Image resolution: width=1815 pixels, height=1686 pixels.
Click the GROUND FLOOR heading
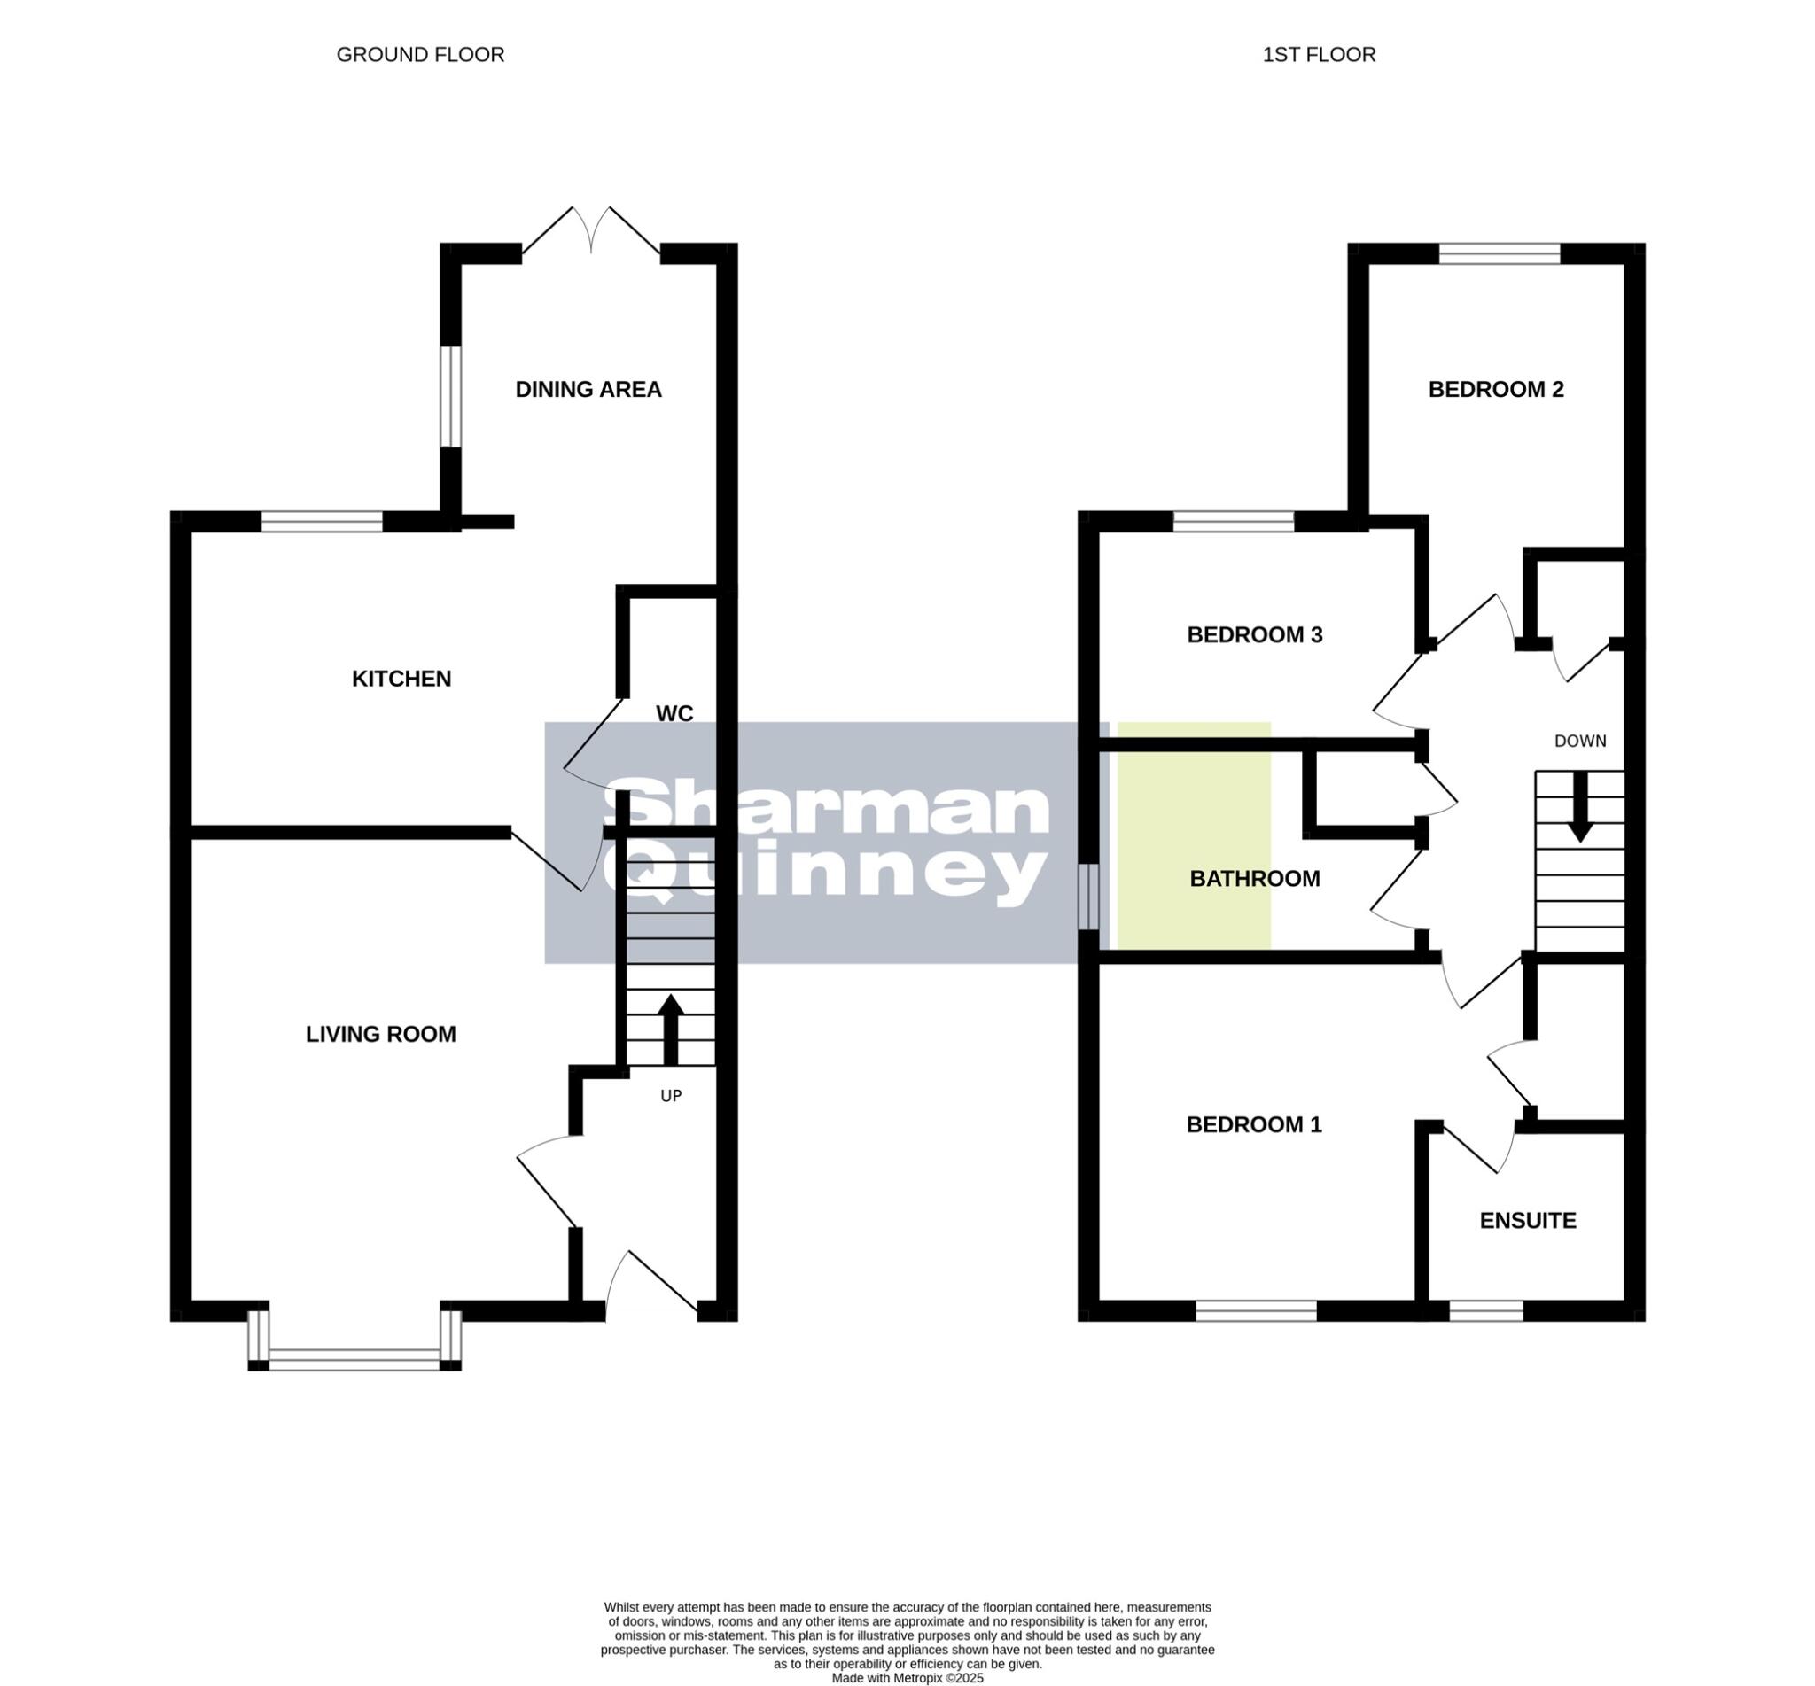coord(420,55)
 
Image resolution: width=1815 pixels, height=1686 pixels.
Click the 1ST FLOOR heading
coord(1318,55)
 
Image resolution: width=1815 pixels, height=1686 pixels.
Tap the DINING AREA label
coord(588,390)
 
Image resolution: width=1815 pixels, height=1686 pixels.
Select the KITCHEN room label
coord(401,679)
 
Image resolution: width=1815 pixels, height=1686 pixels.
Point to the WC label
coord(674,713)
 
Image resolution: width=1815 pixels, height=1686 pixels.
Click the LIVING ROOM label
coord(380,1034)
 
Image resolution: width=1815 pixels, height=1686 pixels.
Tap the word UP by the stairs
coord(671,1096)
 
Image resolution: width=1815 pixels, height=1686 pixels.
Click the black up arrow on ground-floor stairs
coord(671,1029)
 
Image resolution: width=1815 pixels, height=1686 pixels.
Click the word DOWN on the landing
coord(1579,742)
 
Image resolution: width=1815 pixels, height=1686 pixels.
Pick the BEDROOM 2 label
coord(1496,390)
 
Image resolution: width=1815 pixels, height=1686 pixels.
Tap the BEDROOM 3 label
coord(1254,635)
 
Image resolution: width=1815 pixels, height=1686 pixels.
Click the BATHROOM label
coord(1254,879)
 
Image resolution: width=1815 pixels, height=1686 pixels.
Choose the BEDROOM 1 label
coord(1253,1125)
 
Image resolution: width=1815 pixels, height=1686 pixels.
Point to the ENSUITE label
coord(1528,1221)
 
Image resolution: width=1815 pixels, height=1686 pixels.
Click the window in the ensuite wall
coord(1485,1312)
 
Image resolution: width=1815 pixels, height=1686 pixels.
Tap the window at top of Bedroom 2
coord(1500,253)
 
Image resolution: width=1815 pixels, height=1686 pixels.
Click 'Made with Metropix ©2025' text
coord(907,1678)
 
